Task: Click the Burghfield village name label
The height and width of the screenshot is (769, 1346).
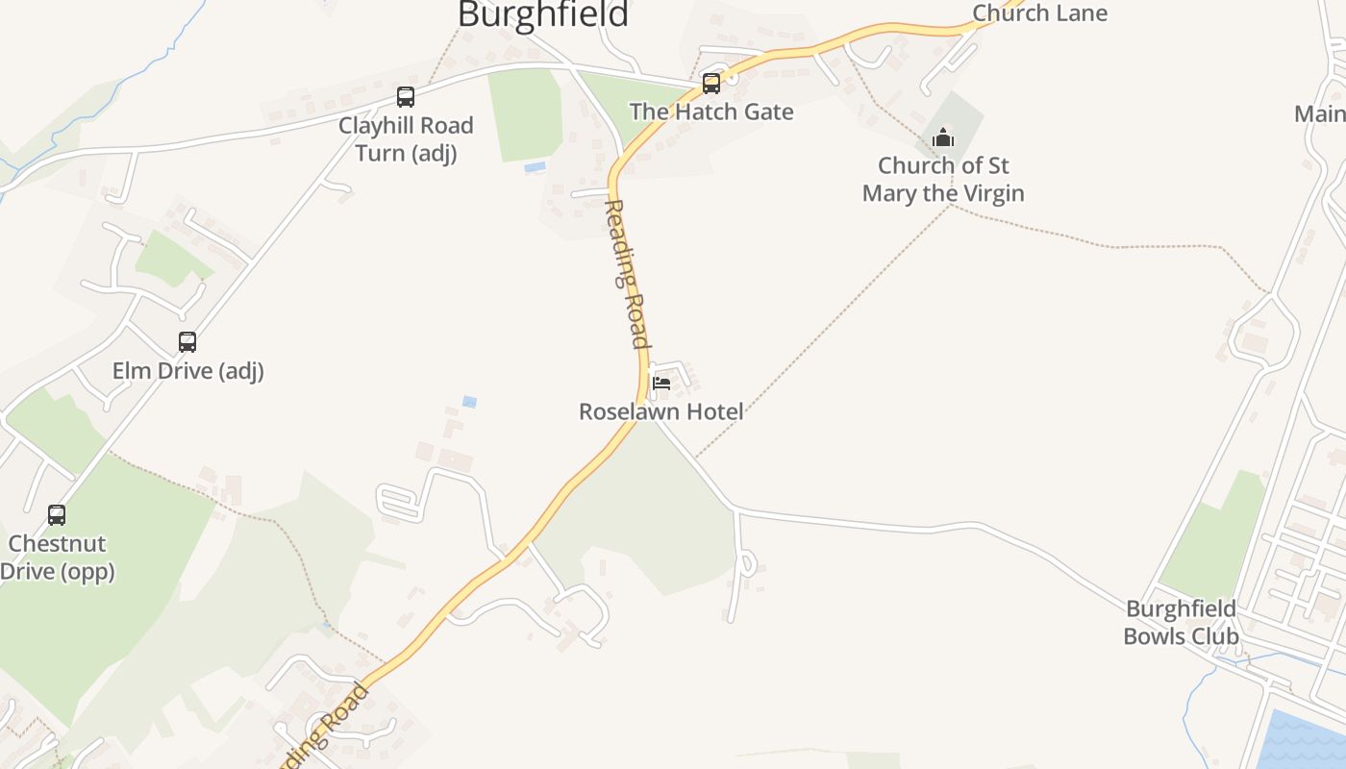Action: click(543, 14)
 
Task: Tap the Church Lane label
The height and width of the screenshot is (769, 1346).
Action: click(1039, 12)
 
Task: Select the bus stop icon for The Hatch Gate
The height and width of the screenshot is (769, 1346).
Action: click(710, 84)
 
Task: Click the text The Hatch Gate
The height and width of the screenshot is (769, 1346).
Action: click(711, 112)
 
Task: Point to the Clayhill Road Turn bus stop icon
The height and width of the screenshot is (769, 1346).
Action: click(406, 96)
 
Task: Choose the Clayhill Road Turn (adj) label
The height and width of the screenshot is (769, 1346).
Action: click(406, 138)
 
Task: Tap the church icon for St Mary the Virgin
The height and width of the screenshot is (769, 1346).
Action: click(943, 138)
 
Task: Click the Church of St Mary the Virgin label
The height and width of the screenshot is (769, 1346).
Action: click(943, 179)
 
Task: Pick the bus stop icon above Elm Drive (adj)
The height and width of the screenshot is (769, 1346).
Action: click(187, 341)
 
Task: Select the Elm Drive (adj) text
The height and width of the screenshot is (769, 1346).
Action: click(187, 370)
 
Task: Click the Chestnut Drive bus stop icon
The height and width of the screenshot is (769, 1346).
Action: click(57, 514)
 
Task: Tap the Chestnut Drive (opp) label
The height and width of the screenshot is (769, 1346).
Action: click(57, 557)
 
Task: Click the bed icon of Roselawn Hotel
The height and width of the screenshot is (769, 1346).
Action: click(661, 383)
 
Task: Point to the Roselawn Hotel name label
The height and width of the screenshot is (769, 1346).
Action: click(661, 411)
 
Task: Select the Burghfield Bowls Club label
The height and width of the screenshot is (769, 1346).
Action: click(1181, 622)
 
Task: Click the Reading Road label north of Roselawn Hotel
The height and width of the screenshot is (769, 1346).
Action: click(627, 274)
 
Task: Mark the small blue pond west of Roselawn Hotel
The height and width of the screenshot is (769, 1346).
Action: click(469, 402)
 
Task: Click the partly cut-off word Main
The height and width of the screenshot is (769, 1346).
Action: click(1320, 113)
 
